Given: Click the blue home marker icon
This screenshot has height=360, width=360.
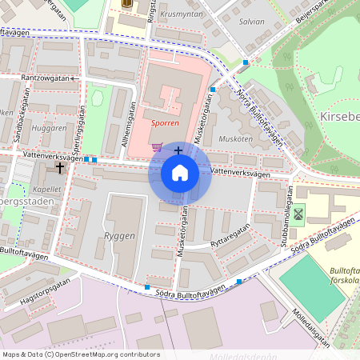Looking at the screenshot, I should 180,173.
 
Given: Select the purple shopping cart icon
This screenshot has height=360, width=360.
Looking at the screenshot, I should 158,147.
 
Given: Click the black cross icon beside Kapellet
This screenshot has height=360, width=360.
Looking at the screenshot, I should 60,168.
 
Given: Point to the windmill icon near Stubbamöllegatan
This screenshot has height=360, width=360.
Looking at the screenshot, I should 298,214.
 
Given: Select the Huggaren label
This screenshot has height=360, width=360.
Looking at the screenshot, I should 49,127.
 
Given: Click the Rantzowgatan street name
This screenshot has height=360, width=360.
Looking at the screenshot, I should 50,78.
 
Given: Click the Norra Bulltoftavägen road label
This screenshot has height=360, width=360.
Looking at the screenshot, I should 259,118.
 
